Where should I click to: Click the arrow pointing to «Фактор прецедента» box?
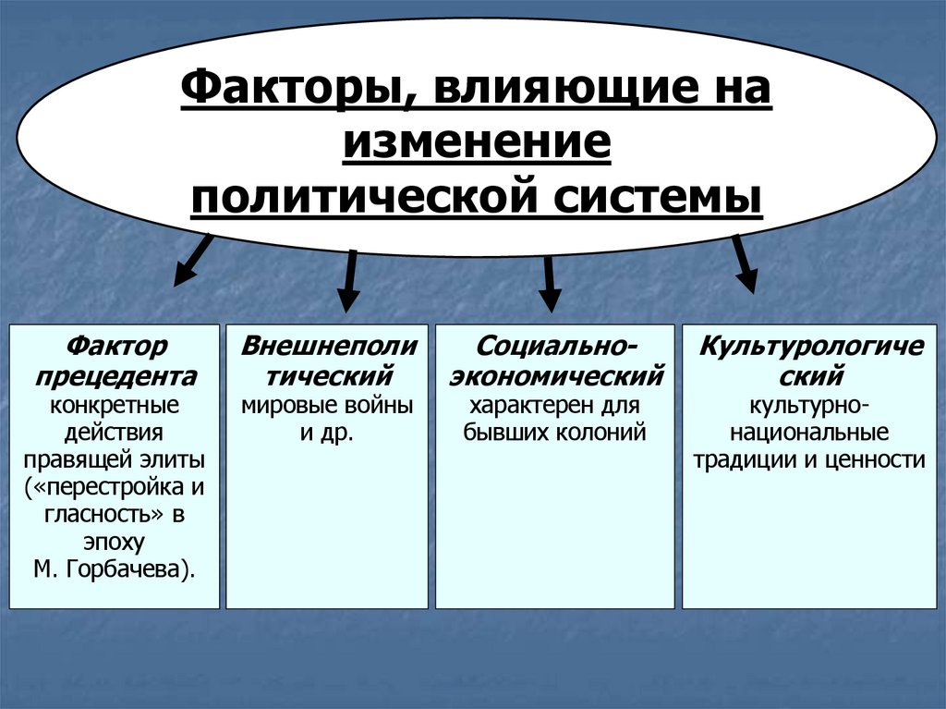pyautogui.click(x=192, y=259)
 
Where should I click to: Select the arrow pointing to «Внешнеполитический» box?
pyautogui.click(x=349, y=281)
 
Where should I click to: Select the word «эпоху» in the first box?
pyautogui.click(x=115, y=542)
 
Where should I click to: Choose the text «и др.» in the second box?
pyautogui.click(x=327, y=433)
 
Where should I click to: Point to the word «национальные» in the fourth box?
pyautogui.click(x=805, y=433)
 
